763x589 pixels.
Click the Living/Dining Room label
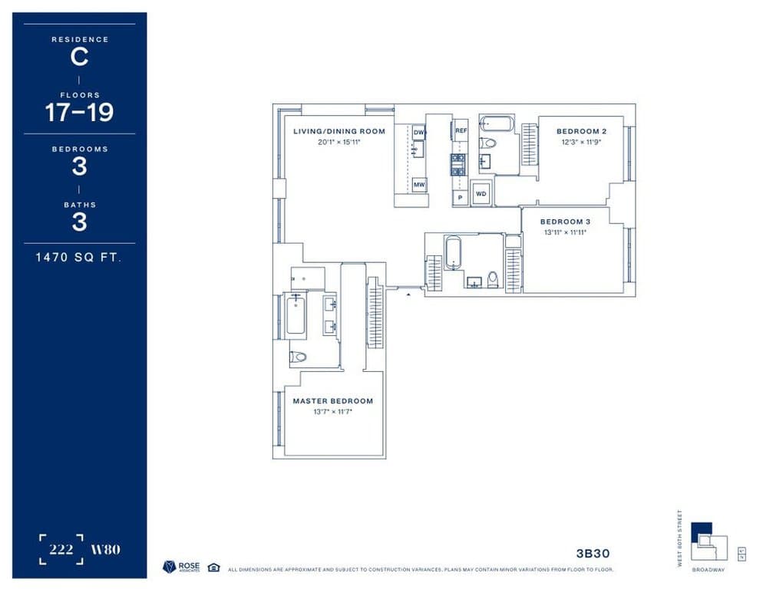[x=339, y=131]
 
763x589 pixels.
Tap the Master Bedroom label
[x=332, y=401]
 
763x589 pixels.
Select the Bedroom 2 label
[x=581, y=131]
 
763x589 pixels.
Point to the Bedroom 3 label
[x=565, y=222]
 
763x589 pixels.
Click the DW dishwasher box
[x=418, y=133]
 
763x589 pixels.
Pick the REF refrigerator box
[x=461, y=131]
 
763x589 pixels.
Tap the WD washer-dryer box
[x=481, y=193]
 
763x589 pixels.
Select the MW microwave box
[x=419, y=185]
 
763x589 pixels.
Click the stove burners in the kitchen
[x=457, y=165]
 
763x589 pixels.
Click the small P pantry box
[x=460, y=197]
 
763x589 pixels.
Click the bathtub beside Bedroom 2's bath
[x=497, y=123]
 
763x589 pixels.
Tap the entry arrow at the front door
[x=408, y=293]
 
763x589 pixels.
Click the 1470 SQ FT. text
[x=79, y=258]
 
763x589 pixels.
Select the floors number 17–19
[x=79, y=113]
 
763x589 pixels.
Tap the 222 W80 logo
[x=79, y=549]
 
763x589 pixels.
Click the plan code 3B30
[x=593, y=552]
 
